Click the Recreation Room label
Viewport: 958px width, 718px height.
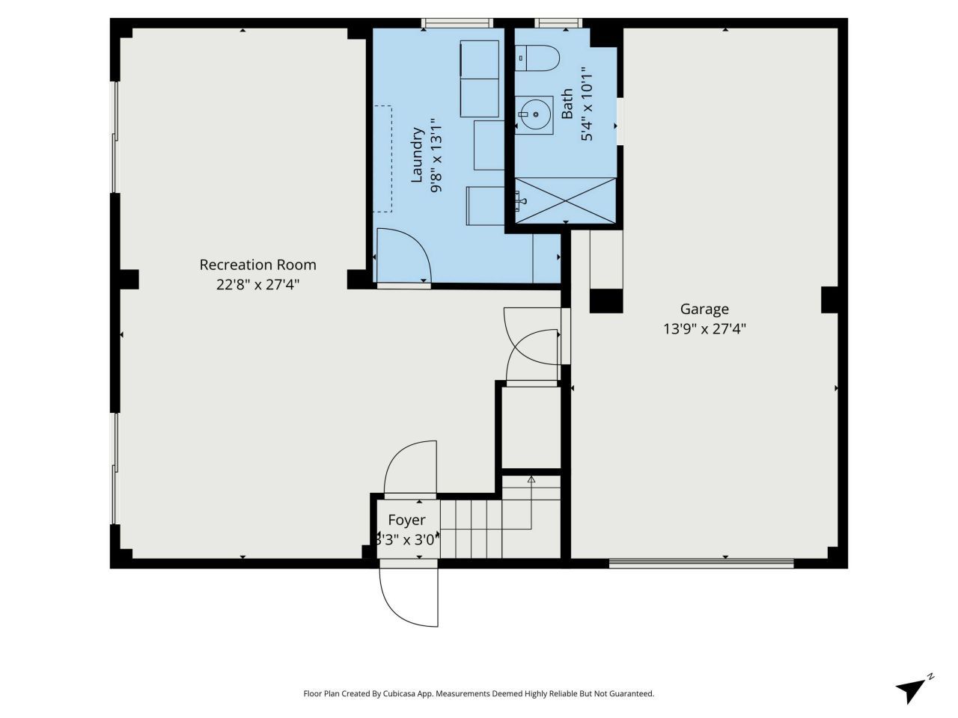[x=257, y=265]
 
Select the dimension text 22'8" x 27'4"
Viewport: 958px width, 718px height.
[x=257, y=285]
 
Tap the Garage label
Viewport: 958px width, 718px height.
[x=704, y=309]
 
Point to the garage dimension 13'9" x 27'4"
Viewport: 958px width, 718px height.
[x=704, y=328]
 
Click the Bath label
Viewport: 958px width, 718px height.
[x=567, y=103]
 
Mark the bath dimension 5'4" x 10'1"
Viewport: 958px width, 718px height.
[x=587, y=104]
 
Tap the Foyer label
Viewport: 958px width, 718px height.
[x=406, y=520]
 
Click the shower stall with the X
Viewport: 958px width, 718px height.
[x=565, y=200]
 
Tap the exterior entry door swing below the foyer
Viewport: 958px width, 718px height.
[x=408, y=597]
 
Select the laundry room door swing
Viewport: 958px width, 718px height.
[x=403, y=256]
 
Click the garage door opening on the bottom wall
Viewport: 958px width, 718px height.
[x=701, y=563]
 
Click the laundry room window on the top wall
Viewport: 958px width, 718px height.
[x=457, y=23]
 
